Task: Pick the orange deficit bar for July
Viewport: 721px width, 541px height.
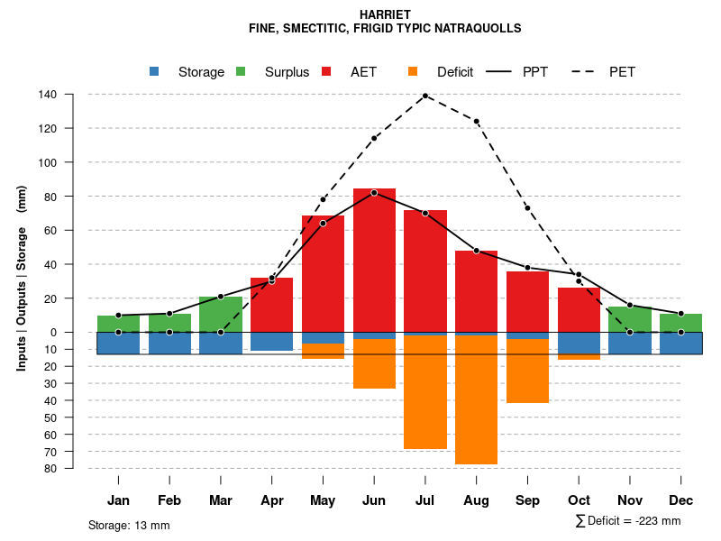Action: click(425, 391)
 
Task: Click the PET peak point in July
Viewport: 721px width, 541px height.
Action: click(424, 95)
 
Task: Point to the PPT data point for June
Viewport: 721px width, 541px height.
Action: click(374, 192)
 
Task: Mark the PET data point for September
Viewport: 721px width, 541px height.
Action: click(527, 208)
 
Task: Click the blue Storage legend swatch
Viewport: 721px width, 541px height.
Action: click(154, 71)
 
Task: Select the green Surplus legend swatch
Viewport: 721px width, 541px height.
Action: click(241, 71)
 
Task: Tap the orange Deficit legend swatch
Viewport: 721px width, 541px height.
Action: click(413, 71)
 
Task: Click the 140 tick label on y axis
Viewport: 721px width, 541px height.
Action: click(49, 95)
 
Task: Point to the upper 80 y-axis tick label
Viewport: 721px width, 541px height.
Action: click(51, 197)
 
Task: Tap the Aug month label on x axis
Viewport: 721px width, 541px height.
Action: click(476, 500)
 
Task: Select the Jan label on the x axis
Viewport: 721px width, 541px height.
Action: click(119, 500)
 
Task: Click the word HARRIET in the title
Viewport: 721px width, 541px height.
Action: click(385, 15)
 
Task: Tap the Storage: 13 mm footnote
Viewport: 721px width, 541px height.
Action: click(129, 525)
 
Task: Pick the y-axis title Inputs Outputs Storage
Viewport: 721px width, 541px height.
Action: click(22, 278)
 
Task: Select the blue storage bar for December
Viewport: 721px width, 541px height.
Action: click(680, 343)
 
